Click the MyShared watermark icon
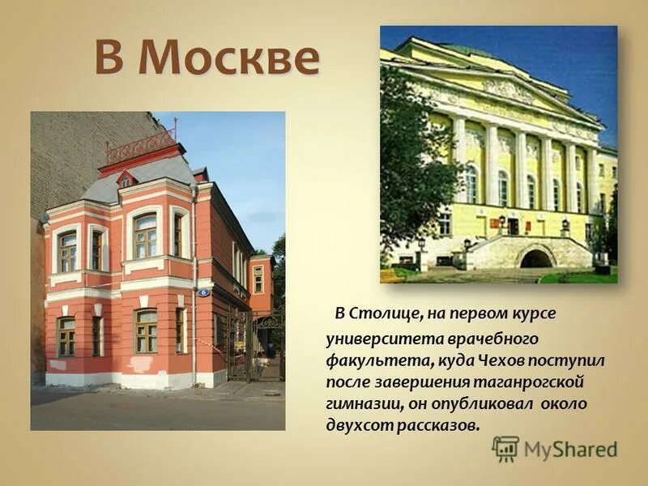pyautogui.click(x=505, y=449)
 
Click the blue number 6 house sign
pyautogui.click(x=203, y=292)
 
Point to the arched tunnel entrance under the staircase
pyautogui.click(x=535, y=258)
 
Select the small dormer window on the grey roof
pyautogui.click(x=125, y=180)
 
